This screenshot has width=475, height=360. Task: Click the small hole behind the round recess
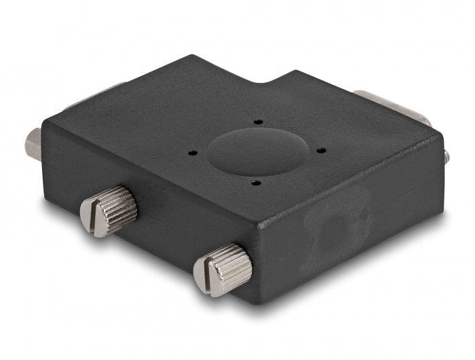tap(259, 122)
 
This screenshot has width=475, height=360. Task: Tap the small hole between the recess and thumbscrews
tap(254, 181)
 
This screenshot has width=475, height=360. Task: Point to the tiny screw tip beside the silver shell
tap(446, 156)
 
